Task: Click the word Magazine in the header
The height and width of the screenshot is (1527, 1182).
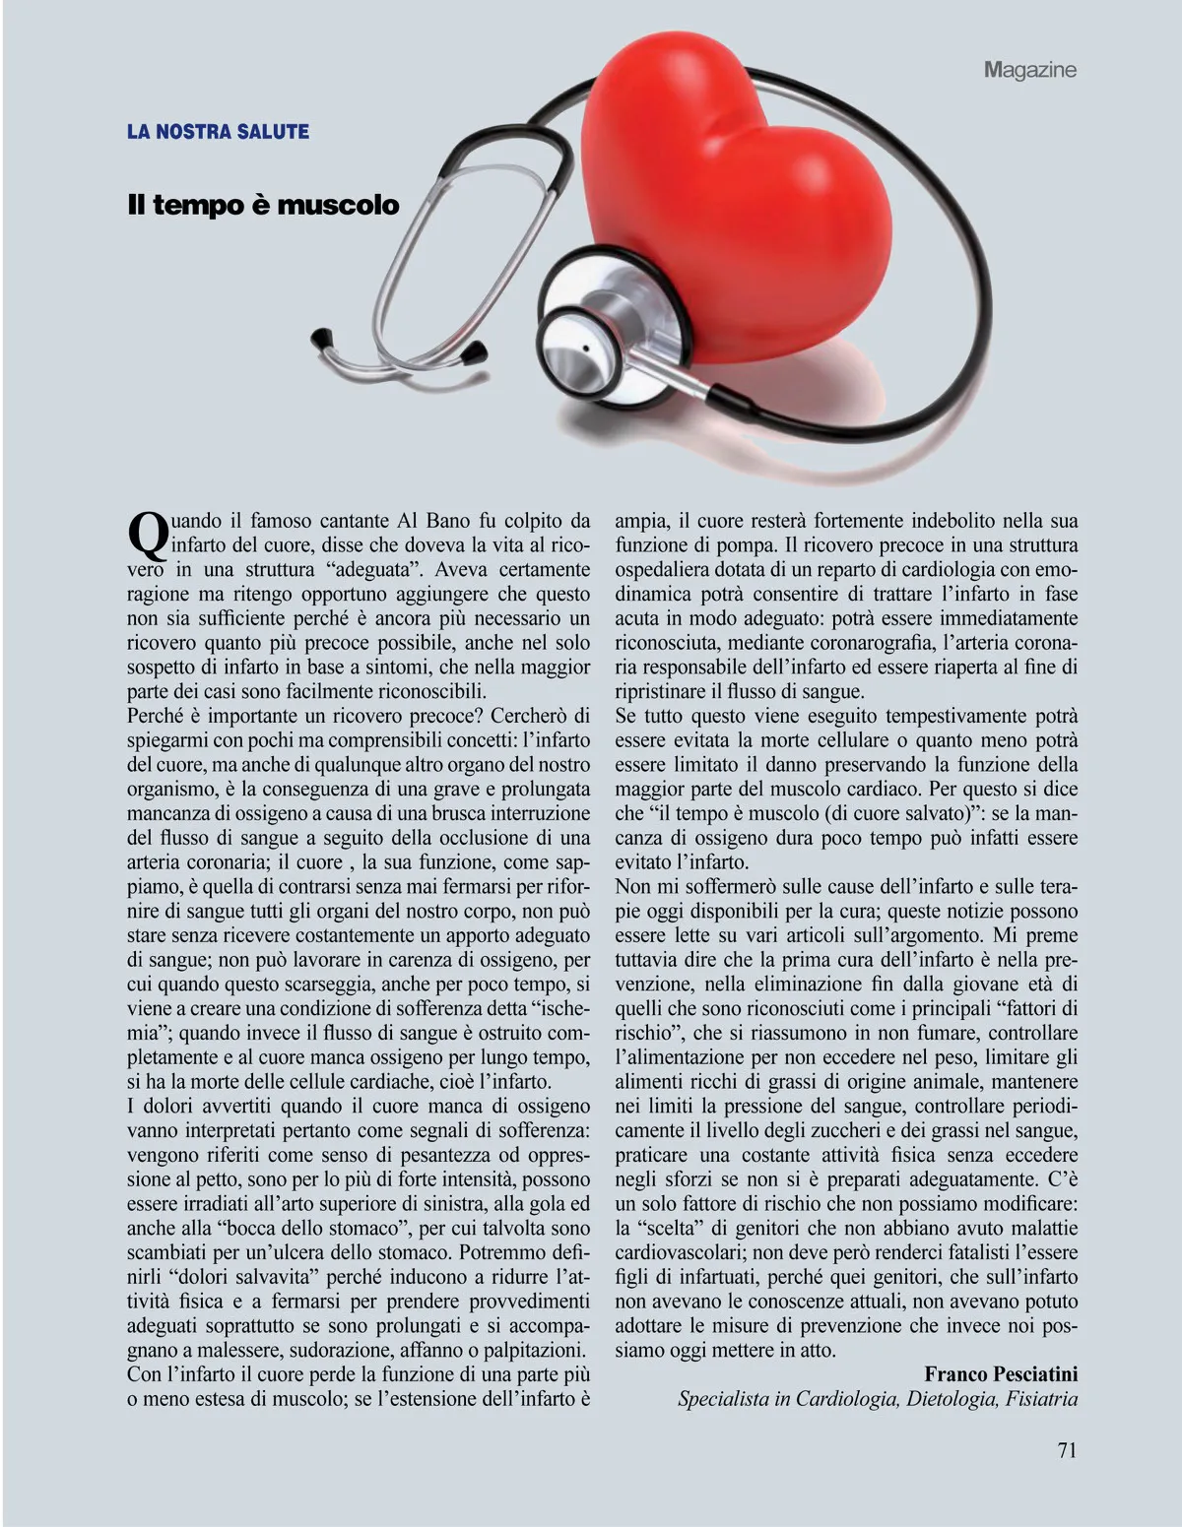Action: click(1029, 70)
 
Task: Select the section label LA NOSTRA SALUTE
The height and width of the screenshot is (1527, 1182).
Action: click(218, 131)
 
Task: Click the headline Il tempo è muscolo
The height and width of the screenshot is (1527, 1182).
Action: click(263, 205)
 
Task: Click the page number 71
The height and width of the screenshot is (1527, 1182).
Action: click(1067, 1449)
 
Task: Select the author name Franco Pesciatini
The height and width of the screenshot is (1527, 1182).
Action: click(1001, 1374)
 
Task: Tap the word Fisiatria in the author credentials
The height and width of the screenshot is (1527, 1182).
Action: click(1042, 1399)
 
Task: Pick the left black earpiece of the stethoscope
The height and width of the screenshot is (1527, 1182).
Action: click(321, 338)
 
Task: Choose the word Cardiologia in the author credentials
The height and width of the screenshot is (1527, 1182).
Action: click(845, 1399)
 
